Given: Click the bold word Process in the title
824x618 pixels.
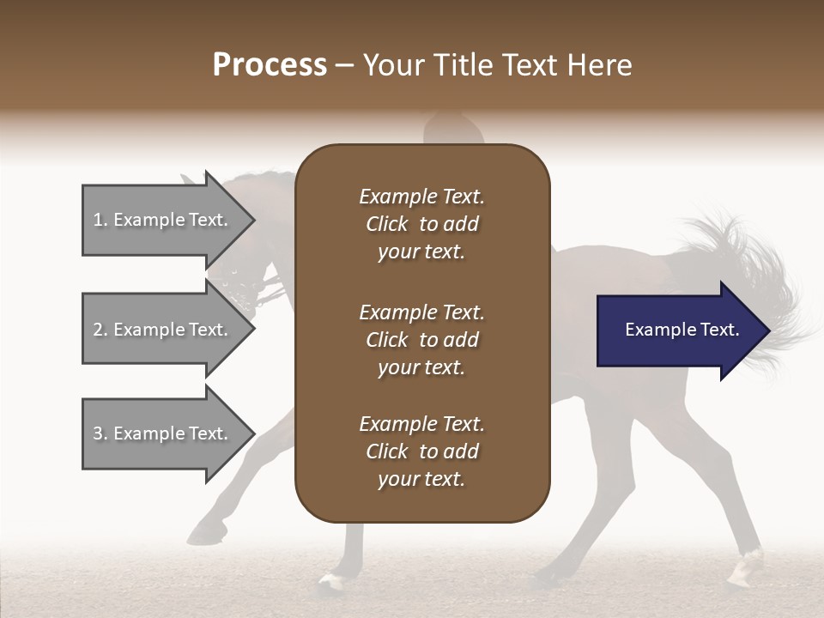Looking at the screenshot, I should pos(270,65).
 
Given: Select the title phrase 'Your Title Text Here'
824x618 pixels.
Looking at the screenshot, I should pos(497,65).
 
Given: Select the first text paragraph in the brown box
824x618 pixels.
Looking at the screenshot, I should pos(421,224).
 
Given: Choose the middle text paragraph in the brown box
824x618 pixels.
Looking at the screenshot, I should pos(421,340).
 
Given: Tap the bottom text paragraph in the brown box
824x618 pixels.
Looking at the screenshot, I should pos(421,451).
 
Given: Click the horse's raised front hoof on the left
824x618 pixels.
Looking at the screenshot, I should pos(203,532).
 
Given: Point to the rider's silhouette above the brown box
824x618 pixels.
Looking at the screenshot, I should pos(451,129).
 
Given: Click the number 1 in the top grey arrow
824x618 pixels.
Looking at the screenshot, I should pos(98,220).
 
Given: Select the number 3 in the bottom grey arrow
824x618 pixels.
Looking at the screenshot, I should pos(98,433).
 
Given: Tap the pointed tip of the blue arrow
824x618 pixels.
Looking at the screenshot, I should pos(768,330).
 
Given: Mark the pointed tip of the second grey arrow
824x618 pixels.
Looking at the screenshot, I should pos(253,330).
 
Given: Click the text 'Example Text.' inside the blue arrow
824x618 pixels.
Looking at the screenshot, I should pos(682,330).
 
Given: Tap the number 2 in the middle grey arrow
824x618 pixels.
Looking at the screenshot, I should pos(98,330).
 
